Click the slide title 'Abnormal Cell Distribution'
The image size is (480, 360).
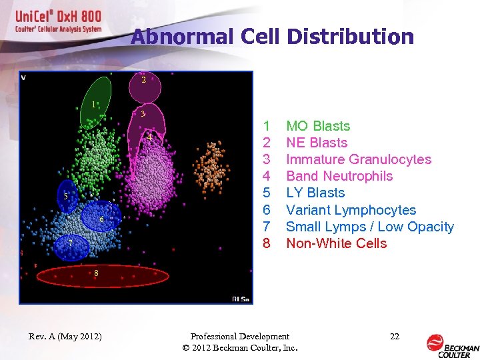pyautogui.click(x=272, y=37)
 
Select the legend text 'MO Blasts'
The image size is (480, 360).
pyautogui.click(x=317, y=126)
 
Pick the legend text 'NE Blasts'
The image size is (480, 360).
pyautogui.click(x=317, y=143)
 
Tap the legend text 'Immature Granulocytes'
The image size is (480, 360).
pyautogui.click(x=358, y=159)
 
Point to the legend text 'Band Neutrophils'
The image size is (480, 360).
pyautogui.click(x=339, y=176)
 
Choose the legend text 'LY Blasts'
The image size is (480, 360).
pyautogui.click(x=315, y=193)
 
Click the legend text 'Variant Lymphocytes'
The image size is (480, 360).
pyautogui.click(x=351, y=210)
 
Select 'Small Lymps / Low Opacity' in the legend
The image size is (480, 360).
pyautogui.click(x=369, y=227)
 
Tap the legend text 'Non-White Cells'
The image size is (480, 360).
pyautogui.click(x=336, y=243)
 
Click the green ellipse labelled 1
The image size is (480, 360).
pyautogui.click(x=95, y=103)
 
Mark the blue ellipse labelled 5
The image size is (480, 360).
pyautogui.click(x=67, y=195)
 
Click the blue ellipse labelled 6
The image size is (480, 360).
pyautogui.click(x=102, y=217)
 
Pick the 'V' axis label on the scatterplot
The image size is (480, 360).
pyautogui.click(x=24, y=77)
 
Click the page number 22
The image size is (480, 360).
pyautogui.click(x=394, y=337)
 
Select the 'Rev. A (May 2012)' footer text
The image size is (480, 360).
pyautogui.click(x=65, y=337)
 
